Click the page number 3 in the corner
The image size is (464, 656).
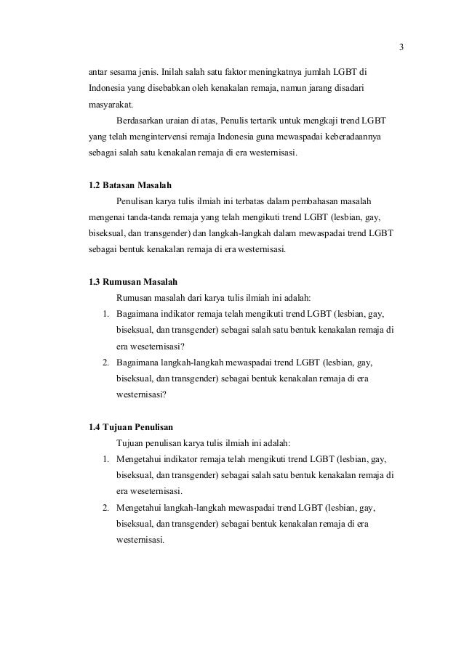pos(401,49)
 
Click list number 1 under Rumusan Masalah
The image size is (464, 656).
pos(105,314)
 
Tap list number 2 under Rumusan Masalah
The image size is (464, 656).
pos(105,362)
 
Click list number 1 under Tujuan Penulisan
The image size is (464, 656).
pos(105,459)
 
